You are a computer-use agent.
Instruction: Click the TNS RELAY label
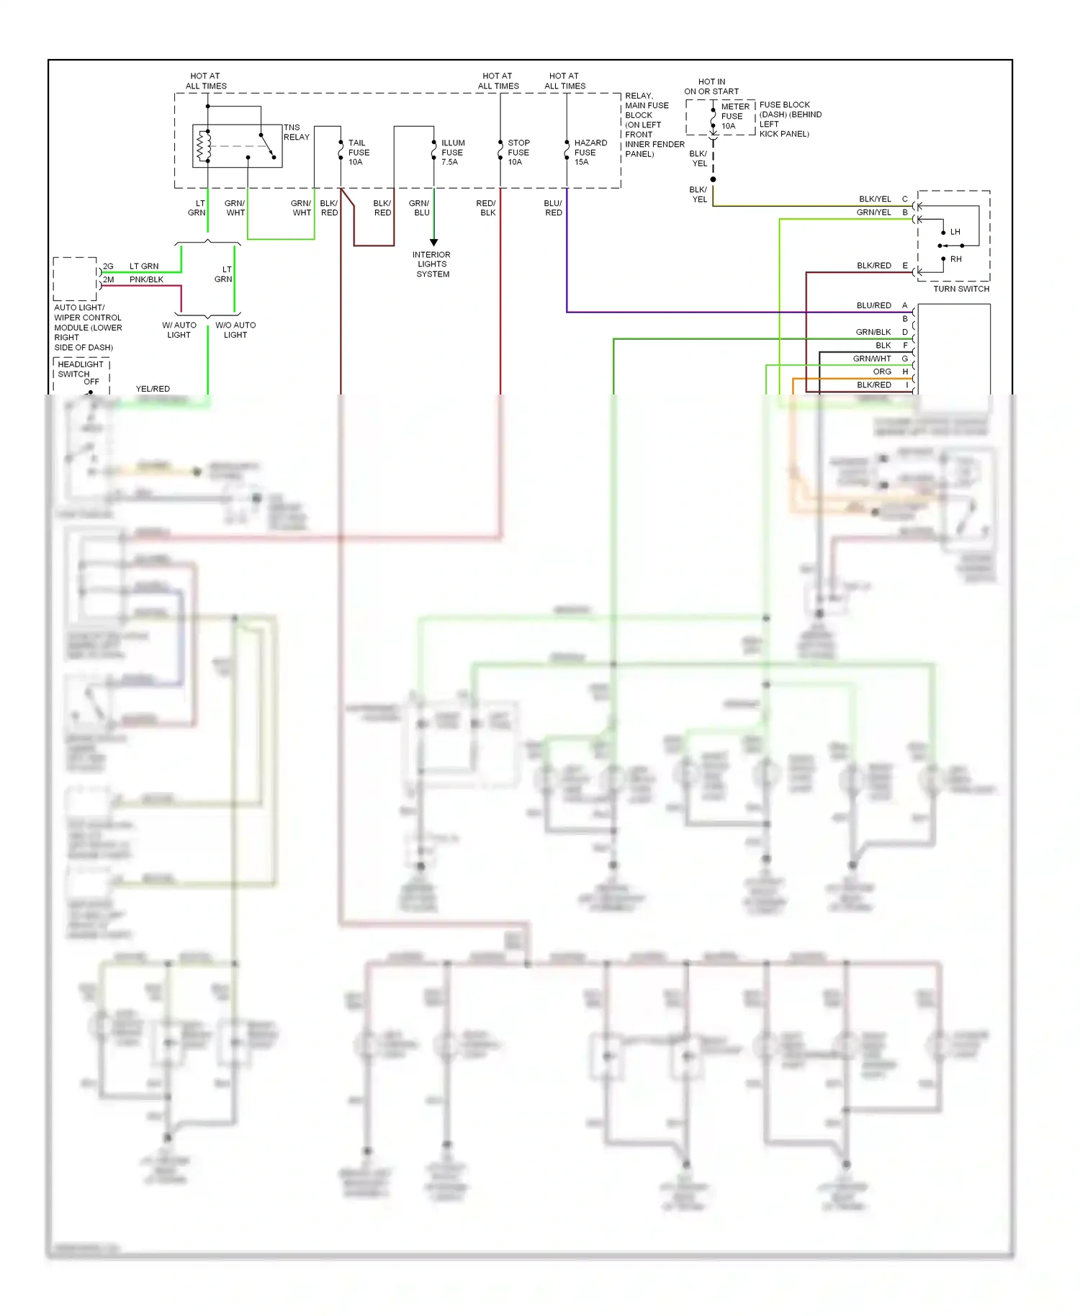pyautogui.click(x=296, y=132)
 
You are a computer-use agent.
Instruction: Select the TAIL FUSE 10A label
pyautogui.click(x=359, y=153)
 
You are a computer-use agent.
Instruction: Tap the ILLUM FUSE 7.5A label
pyautogui.click(x=452, y=153)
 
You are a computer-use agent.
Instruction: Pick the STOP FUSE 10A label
pyautogui.click(x=518, y=153)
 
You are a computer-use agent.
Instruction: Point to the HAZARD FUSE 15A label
pyautogui.click(x=590, y=153)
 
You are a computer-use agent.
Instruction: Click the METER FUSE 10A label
pyautogui.click(x=734, y=116)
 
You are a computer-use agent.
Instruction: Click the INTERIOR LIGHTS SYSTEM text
pyautogui.click(x=432, y=264)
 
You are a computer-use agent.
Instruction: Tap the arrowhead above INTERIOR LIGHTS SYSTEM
pyautogui.click(x=433, y=243)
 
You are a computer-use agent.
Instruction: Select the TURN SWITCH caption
pyautogui.click(x=960, y=289)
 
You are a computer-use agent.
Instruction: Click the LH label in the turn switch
pyautogui.click(x=955, y=232)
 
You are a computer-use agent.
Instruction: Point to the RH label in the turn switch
pyautogui.click(x=955, y=259)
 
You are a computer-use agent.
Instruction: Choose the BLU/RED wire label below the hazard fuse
pyautogui.click(x=553, y=208)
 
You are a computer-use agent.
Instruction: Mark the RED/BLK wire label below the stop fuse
pyautogui.click(x=486, y=208)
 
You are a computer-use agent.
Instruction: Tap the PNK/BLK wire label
pyautogui.click(x=146, y=279)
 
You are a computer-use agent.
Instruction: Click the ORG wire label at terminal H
pyautogui.click(x=882, y=371)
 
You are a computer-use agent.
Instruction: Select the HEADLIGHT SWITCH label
pyautogui.click(x=80, y=369)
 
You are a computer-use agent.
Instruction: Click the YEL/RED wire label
pyautogui.click(x=153, y=389)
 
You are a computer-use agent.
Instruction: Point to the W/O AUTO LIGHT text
pyautogui.click(x=235, y=330)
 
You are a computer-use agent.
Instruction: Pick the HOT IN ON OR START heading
pyautogui.click(x=711, y=86)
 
